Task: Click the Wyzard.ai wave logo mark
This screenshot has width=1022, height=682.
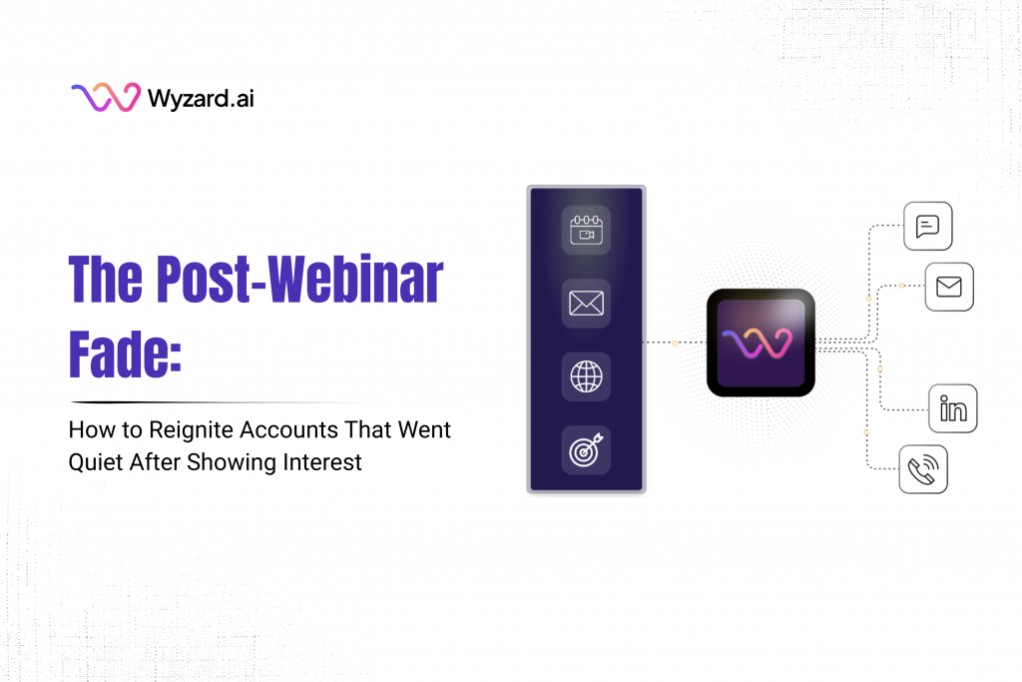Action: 105,98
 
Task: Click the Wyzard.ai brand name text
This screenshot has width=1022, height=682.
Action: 201,99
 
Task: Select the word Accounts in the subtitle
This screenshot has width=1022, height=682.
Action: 288,431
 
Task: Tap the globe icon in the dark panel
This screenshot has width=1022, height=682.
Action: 586,377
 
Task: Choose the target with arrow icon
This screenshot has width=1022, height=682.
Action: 586,450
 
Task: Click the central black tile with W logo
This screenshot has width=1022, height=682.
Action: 761,342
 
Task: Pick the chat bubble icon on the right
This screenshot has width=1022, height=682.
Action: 927,227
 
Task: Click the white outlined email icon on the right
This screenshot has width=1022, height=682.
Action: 948,288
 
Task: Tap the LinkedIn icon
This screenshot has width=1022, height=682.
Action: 952,408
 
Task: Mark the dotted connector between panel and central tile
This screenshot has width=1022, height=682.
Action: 676,342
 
